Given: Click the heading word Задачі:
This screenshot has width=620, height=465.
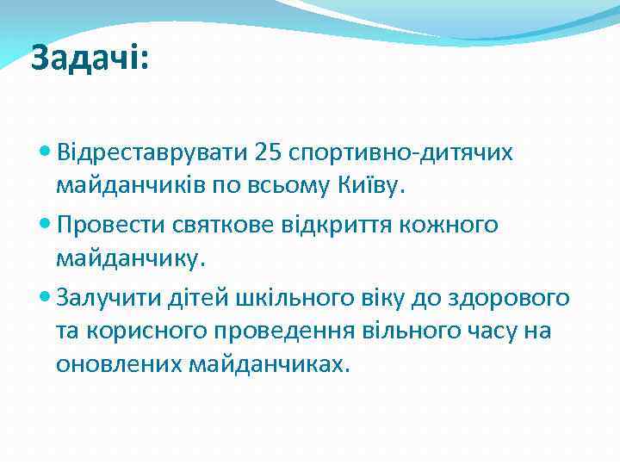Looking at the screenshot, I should point(90,59).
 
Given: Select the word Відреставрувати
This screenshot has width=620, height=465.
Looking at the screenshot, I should point(151,152).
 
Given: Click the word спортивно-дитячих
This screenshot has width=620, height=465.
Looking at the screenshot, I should point(406,152).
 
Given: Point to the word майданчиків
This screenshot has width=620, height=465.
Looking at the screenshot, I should point(131,185).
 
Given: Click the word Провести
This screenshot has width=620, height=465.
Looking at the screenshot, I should point(108,225).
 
